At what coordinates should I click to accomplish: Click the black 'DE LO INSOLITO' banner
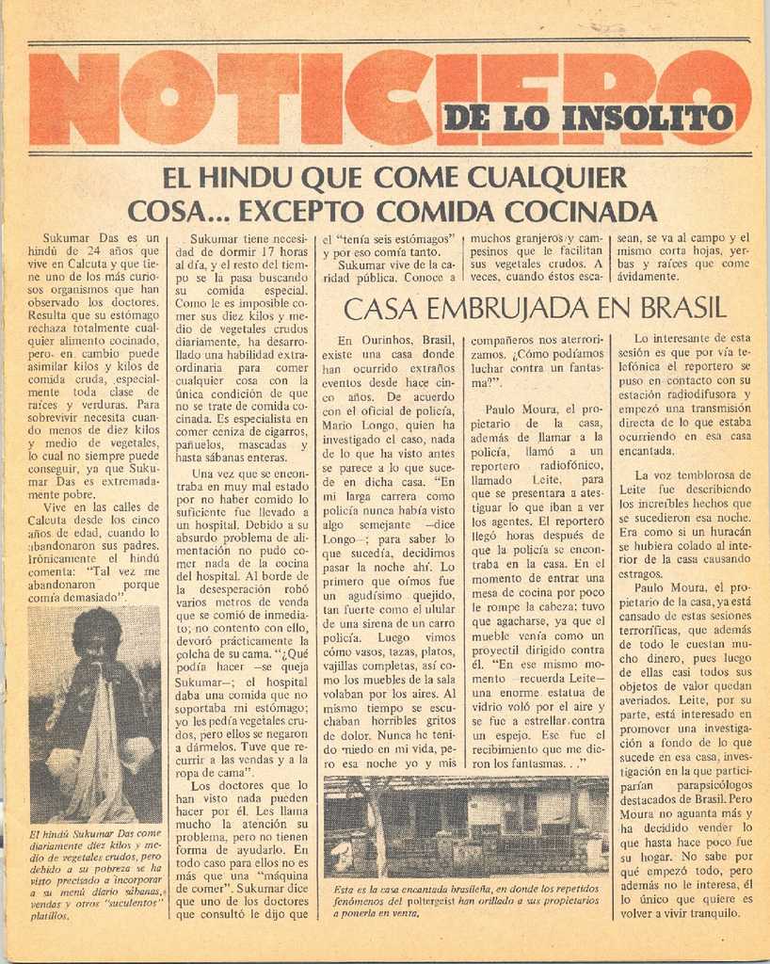(x=587, y=118)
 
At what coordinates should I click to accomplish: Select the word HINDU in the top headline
(x=247, y=178)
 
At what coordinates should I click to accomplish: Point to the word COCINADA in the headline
(x=578, y=210)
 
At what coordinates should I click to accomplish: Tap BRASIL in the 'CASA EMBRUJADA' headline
(x=683, y=308)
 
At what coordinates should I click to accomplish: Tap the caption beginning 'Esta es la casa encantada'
(x=467, y=900)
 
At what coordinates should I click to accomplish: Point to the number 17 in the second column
(x=265, y=251)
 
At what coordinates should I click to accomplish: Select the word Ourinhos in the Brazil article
(x=389, y=340)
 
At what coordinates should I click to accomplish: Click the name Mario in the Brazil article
(x=343, y=425)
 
